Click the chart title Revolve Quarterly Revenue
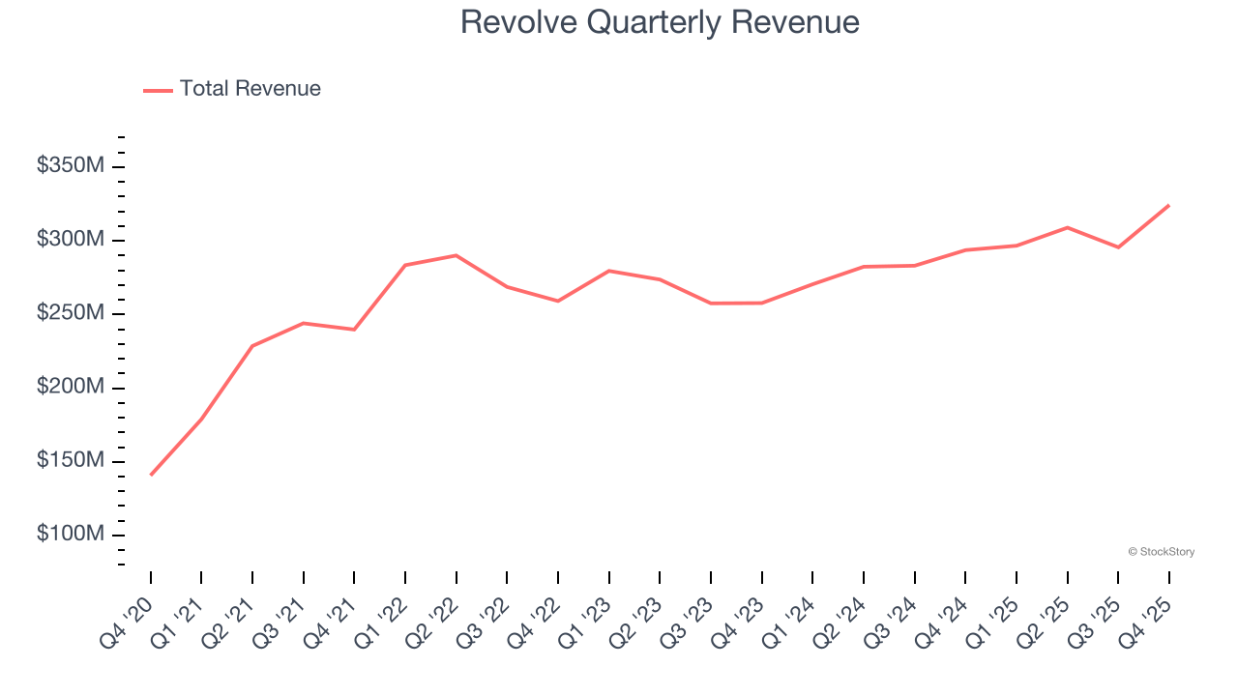660,22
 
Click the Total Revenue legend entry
250,89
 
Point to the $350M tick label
71,166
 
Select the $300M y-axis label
71,240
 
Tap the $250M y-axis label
71,314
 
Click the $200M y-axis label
71,388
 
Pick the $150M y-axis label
71,461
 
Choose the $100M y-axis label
71,535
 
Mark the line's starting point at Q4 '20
151,475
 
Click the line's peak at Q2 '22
456,255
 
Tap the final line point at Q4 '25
1168,205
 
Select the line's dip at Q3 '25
1118,247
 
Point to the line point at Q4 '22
558,301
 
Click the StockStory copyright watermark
1161,552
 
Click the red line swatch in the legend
158,90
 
